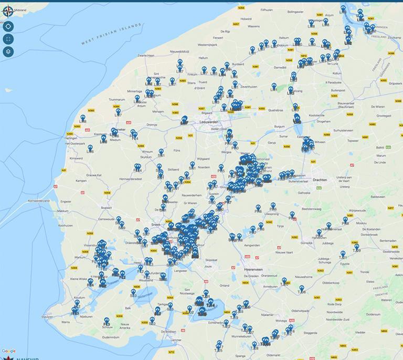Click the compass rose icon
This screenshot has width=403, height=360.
(x=8, y=10)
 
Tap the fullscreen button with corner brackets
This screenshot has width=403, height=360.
(x=8, y=39)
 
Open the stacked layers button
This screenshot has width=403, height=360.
(x=8, y=51)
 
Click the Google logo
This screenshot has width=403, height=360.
(x=8, y=351)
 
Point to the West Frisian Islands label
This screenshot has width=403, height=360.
(x=111, y=34)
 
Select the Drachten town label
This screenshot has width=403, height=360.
(x=320, y=180)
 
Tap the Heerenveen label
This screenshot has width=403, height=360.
(x=254, y=269)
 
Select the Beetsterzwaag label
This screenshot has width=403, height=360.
(x=311, y=208)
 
